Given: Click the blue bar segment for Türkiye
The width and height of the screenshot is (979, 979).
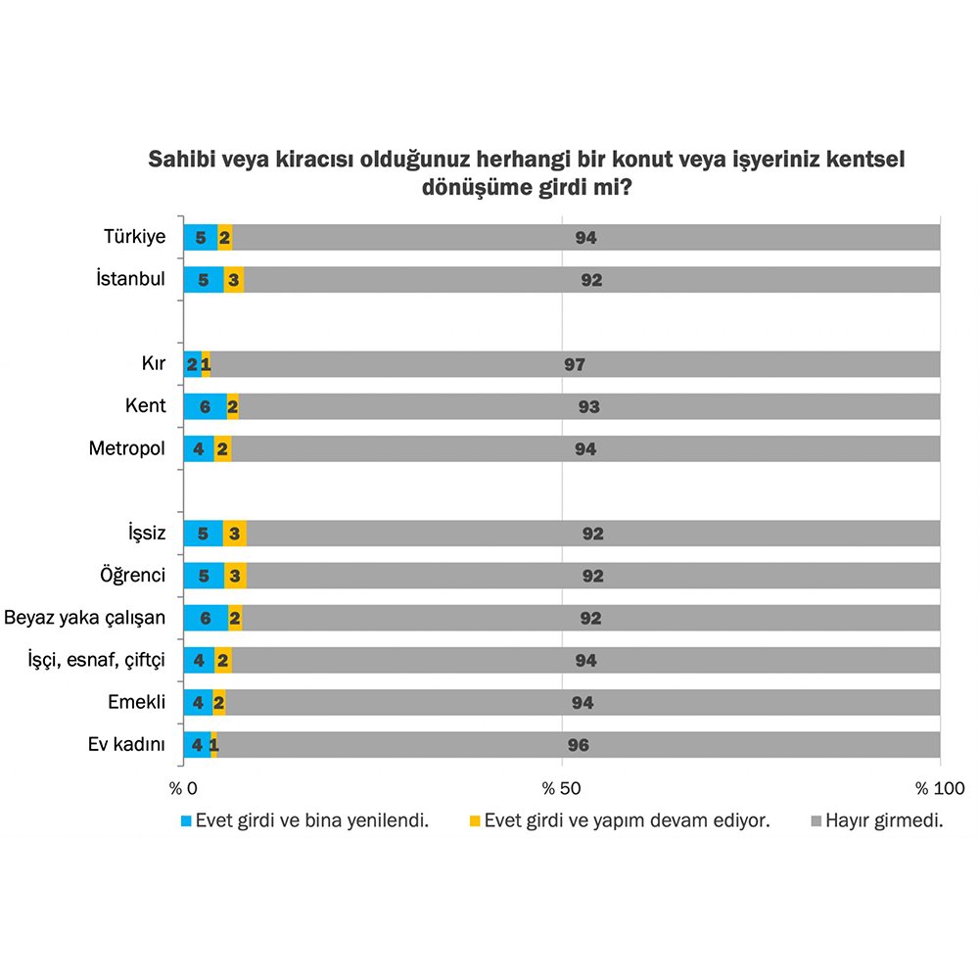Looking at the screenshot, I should click(200, 237).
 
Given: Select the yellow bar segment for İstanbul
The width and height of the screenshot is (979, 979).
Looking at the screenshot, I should click(233, 280).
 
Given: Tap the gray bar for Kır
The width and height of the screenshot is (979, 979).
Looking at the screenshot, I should click(575, 364).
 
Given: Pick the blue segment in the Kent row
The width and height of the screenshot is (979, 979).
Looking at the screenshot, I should click(205, 406).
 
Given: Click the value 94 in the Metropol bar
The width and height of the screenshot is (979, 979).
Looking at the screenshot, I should click(585, 449).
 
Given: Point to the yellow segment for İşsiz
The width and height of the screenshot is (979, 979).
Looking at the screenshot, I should click(234, 534).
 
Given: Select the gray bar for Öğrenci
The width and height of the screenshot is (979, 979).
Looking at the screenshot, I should click(592, 576).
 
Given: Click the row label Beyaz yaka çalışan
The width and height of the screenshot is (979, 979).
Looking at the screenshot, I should click(85, 618).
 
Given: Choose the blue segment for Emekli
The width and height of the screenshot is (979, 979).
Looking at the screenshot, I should click(198, 702).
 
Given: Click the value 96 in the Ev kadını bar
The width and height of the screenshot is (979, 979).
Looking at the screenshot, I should click(578, 745).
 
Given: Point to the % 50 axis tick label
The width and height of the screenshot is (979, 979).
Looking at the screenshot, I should click(562, 788).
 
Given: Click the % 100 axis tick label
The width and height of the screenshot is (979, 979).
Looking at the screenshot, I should click(939, 788).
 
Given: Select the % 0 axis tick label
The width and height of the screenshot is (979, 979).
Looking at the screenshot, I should click(184, 788).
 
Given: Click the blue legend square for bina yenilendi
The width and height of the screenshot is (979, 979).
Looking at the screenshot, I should click(187, 821).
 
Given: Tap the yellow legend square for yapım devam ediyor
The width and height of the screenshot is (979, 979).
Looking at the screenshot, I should click(476, 821).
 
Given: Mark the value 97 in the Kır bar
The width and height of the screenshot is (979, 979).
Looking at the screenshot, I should click(575, 364).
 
